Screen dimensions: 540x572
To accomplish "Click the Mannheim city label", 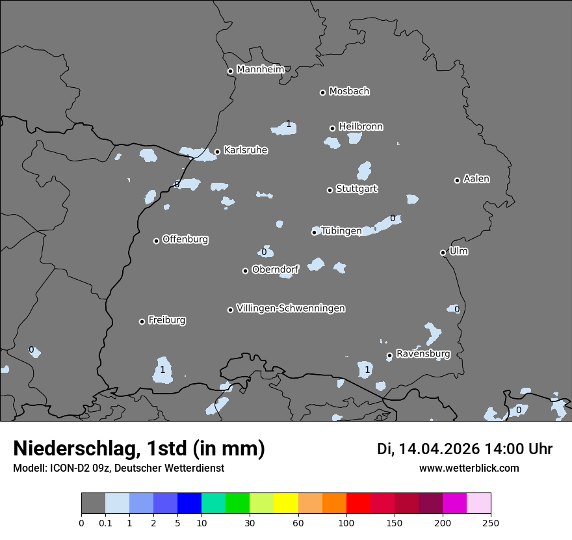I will pos(261,70).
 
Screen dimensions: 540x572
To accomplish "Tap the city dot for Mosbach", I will pos(322,92).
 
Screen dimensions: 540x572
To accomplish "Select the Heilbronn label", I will pos(361,127).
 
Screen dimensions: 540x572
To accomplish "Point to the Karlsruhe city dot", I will pos(217,152).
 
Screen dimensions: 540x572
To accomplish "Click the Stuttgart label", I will pos(356,189).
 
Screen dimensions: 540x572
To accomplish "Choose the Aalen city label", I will pos(476,179).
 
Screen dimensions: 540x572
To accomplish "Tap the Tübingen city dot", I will pos(315,232).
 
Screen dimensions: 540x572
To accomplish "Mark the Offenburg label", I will pos(185,239).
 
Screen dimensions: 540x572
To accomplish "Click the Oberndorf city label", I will pos(275,269).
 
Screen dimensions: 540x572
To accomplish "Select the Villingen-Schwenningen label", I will pos(291,308).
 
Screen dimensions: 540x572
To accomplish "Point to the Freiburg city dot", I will pos(142,321).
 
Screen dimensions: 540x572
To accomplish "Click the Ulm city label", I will pos(458,251).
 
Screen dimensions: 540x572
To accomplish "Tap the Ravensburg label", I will pos(423,354).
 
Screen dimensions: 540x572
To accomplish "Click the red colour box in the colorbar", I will pos(358,504).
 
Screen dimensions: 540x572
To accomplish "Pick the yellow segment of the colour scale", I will pos(286,504).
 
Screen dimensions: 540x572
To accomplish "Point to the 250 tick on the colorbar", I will pos(491,522).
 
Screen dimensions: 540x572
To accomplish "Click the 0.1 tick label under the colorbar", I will pos(105,522).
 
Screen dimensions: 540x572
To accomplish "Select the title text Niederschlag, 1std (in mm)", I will pos(139,448).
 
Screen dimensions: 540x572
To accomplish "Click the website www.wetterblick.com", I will pos(469,468).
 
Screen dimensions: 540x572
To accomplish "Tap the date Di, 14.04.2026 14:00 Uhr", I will pos(465,449).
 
